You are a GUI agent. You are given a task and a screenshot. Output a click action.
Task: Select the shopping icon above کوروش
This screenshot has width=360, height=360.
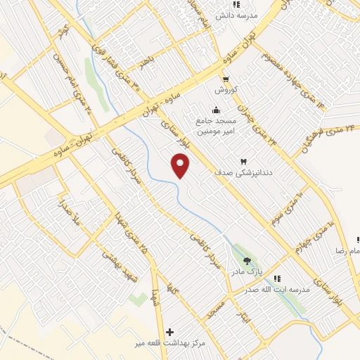click(225, 79)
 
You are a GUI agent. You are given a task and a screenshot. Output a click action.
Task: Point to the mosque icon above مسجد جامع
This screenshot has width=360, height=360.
click(216, 109)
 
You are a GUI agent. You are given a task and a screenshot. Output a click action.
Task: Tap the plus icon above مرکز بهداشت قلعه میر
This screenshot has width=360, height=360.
click(169, 330)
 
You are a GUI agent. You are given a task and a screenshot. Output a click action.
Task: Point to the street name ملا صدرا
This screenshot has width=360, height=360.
click(73, 217)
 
